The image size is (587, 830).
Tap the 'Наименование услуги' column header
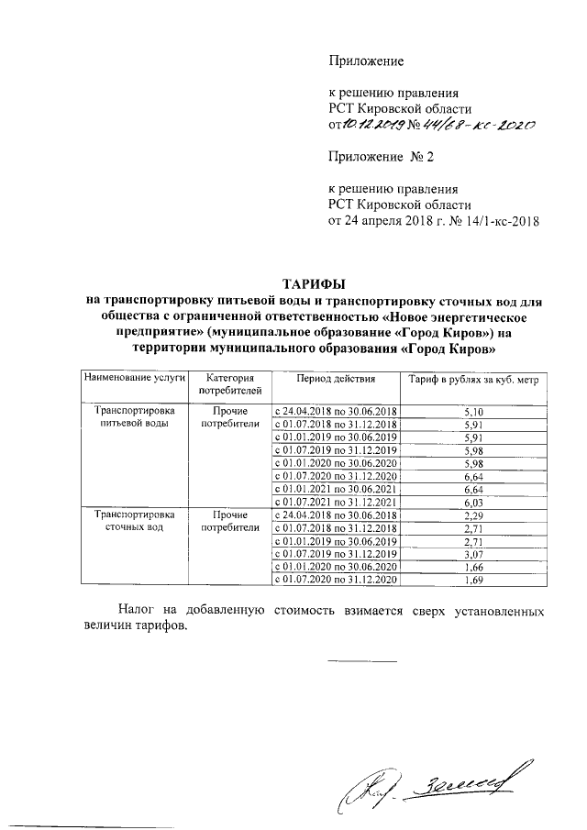click(135, 378)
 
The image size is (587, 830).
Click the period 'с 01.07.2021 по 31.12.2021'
click(336, 503)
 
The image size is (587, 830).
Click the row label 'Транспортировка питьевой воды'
click(135, 418)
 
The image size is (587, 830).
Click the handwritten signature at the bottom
click(431, 787)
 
